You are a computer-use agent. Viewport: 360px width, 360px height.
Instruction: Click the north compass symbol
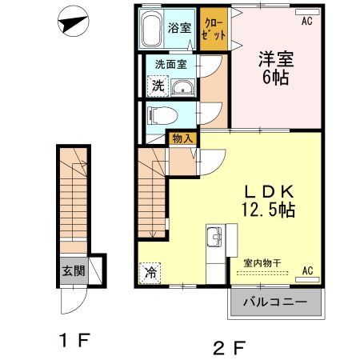tap(74, 22)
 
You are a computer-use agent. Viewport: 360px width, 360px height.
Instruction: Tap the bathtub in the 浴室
tap(150, 29)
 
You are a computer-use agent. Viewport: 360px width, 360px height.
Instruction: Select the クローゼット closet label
tap(214, 30)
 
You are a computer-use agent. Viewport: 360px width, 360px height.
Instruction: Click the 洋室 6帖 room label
tap(276, 68)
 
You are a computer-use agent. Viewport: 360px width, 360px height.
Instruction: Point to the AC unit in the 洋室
tap(307, 12)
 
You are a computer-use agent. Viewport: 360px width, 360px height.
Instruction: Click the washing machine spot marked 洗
tap(158, 86)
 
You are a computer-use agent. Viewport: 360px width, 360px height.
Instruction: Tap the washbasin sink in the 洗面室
tap(182, 87)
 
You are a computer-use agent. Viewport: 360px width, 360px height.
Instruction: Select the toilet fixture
tap(163, 115)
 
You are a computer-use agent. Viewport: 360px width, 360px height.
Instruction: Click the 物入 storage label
tap(182, 138)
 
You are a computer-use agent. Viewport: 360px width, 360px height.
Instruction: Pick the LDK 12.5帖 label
tap(269, 201)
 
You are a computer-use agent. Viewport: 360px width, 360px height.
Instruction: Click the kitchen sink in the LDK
tap(214, 237)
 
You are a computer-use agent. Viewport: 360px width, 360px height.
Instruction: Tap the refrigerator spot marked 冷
tap(150, 273)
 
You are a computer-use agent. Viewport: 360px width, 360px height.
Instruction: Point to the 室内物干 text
tap(262, 263)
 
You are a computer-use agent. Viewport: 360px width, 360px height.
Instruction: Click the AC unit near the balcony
tap(307, 279)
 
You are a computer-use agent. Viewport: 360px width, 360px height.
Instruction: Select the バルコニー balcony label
tap(275, 302)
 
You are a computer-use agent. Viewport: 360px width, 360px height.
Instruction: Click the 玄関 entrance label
tap(74, 271)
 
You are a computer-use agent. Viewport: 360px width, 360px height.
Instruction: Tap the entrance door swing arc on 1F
tap(78, 307)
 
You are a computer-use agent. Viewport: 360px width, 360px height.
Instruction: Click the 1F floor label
tap(75, 340)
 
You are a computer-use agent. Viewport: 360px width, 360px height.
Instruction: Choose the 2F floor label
tap(229, 348)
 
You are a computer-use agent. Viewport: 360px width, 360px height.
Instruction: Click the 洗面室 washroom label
tap(171, 64)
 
